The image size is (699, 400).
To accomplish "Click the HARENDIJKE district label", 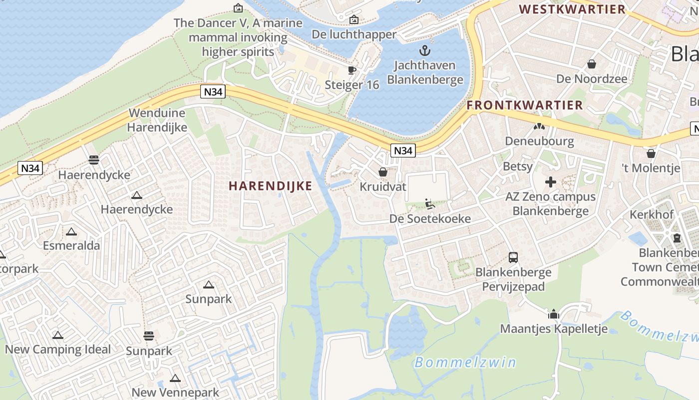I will [270, 186].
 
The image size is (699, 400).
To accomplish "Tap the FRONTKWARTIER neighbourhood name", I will [525, 105].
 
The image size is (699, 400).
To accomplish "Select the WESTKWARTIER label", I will [572, 9].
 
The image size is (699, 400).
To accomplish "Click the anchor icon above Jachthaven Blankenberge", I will [425, 50].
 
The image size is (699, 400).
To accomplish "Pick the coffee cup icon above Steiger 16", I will [352, 70].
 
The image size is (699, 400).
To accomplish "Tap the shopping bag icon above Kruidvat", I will [383, 172].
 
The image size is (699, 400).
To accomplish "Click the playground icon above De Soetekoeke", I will [429, 204].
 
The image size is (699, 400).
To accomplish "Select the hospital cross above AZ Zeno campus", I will [551, 182].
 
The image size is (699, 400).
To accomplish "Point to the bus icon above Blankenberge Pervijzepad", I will [513, 257].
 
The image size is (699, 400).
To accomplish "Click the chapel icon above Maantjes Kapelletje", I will [554, 314].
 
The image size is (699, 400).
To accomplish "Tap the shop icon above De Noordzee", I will [592, 64].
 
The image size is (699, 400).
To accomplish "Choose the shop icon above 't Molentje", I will [651, 153].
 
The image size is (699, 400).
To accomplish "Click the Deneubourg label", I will [539, 141].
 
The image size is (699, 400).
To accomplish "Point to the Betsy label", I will [518, 166].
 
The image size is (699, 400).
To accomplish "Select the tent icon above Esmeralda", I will [71, 231].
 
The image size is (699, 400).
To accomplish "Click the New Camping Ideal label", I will [58, 349].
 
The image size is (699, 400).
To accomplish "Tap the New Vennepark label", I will [175, 392].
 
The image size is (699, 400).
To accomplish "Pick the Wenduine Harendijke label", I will [157, 120].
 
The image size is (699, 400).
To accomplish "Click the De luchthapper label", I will [354, 34].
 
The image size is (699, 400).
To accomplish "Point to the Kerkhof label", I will [652, 214].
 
